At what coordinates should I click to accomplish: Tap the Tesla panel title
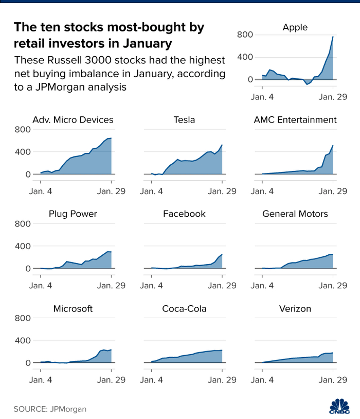[184, 120]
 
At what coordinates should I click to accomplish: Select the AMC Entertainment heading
[295, 120]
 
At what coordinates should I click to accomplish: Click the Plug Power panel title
[73, 214]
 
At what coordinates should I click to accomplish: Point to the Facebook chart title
[184, 214]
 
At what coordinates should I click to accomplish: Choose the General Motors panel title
[295, 214]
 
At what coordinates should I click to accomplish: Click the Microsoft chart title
[73, 309]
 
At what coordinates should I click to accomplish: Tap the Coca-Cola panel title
[184, 309]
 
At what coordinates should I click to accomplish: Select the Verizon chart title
[295, 309]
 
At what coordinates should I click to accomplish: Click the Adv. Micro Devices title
[73, 120]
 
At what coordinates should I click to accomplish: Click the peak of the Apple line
[333, 37]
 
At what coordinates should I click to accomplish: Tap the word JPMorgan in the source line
[64, 409]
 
